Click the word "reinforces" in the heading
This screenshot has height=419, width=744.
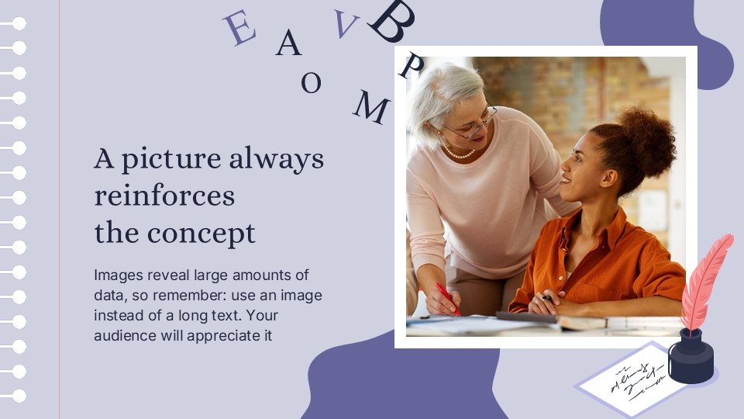[164, 196]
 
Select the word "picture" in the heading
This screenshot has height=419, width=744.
[171, 159]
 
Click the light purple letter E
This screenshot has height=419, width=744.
[239, 28]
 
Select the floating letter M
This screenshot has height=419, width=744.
[371, 108]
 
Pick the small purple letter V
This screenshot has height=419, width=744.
[346, 23]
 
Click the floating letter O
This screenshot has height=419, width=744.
[311, 82]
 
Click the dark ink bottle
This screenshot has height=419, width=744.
[691, 357]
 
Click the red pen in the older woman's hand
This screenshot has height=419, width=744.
[448, 299]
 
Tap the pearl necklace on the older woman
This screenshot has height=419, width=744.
[458, 153]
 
